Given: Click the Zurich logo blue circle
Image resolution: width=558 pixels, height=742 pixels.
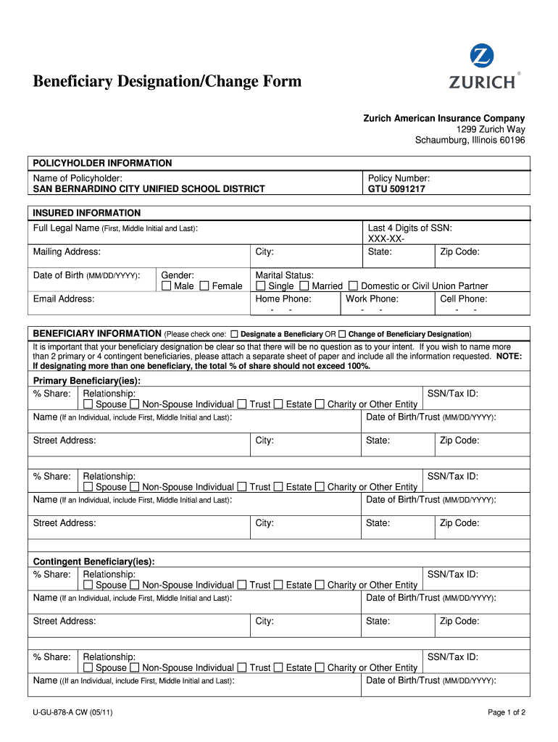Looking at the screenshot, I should pos(482,57).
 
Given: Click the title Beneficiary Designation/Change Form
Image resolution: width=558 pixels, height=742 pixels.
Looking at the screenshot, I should pos(167,81).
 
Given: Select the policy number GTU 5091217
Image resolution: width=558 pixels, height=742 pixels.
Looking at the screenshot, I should pos(396,189).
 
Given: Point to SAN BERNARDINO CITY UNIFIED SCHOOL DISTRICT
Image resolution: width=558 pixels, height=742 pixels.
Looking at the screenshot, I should pos(149,189).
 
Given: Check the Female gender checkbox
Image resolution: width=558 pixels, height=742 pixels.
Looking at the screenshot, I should pos(204,286).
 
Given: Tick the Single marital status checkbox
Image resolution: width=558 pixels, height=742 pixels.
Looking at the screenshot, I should pos(261,286).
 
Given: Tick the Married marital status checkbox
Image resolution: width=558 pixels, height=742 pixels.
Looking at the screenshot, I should pos(304,286).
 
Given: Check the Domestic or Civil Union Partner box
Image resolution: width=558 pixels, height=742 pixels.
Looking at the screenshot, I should pos(354,286).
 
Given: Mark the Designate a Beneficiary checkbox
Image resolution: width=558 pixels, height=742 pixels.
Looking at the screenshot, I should pos(234,334).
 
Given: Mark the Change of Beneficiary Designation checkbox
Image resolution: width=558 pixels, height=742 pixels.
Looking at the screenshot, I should pos(342,334).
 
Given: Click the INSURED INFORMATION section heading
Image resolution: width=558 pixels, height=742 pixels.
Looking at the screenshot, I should pos(87,213).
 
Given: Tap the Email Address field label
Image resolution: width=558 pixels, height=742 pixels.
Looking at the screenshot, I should pos(64,299).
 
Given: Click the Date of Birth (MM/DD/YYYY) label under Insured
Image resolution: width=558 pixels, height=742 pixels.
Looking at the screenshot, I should pos(86,275).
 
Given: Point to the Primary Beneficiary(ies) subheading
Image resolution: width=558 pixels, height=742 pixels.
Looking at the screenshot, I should pos(87,381).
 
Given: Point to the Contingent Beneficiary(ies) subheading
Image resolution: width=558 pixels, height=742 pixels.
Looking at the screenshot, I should pos(94,562).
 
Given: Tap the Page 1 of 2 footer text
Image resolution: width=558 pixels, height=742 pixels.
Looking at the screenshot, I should pos(507,712).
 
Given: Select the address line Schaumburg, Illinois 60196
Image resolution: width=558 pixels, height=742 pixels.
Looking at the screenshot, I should pos(470,140).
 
